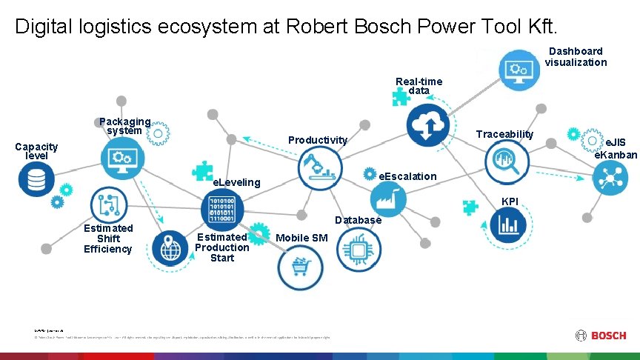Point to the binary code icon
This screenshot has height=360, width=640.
221,209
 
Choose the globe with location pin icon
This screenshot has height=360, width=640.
170,248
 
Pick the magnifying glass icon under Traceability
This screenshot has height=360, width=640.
506,158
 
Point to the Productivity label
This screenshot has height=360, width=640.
317,140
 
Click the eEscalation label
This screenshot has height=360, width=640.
407,176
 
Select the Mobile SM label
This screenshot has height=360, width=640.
301,238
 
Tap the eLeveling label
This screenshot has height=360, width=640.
236,182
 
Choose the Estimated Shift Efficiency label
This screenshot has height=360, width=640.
108,239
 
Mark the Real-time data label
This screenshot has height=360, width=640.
419,86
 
